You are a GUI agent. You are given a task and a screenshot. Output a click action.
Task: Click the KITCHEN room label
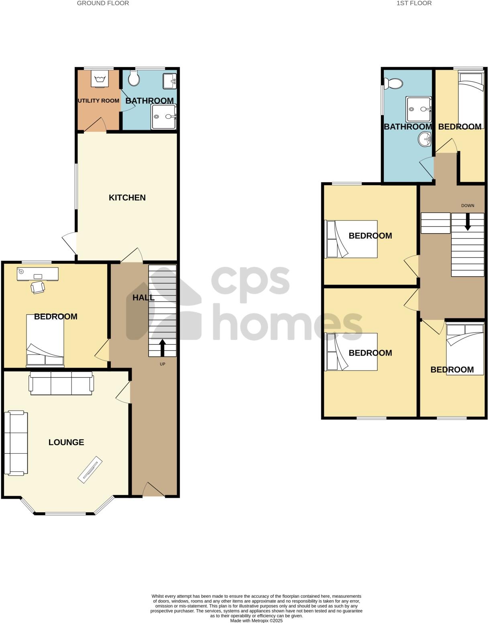(x=127, y=197)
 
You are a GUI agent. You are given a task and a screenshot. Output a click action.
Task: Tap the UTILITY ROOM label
(x=98, y=101)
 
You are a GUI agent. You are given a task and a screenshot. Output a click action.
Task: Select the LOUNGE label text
(x=66, y=442)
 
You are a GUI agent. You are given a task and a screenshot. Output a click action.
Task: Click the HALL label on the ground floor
(x=143, y=298)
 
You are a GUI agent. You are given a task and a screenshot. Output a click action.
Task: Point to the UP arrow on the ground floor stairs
(x=162, y=348)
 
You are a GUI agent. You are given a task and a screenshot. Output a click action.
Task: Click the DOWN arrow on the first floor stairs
(x=467, y=222)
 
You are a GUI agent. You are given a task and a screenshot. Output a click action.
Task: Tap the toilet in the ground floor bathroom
(x=134, y=78)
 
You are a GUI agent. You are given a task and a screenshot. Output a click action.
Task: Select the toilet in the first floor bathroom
(x=393, y=83)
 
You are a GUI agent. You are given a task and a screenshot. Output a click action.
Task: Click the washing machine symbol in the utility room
(x=99, y=78)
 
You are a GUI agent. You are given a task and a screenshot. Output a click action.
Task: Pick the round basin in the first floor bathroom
(x=425, y=140)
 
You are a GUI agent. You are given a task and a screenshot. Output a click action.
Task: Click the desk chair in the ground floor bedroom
(x=38, y=287)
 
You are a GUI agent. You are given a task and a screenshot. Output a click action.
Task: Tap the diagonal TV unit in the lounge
(x=90, y=470)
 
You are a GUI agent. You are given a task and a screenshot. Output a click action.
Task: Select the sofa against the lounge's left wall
(x=16, y=443)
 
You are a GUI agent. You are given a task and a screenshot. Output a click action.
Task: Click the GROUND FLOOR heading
(x=103, y=3)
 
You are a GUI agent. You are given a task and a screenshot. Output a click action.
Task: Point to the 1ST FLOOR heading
(x=414, y=3)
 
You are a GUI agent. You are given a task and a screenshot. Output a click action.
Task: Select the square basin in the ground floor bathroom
(x=170, y=81)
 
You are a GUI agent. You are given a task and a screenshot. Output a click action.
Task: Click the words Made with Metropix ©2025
(x=256, y=621)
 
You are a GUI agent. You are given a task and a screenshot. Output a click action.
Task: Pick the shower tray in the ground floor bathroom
(x=164, y=117)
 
